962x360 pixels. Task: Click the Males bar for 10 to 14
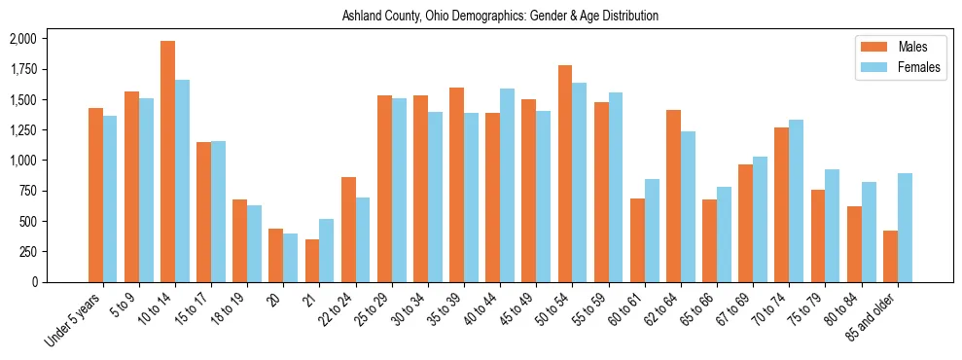click(168, 162)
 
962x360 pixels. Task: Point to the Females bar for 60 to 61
click(652, 231)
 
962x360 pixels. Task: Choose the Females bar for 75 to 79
click(833, 226)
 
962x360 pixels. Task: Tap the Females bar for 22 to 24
click(363, 239)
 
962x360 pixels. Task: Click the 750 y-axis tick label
click(28, 191)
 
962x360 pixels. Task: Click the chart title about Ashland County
click(501, 16)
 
